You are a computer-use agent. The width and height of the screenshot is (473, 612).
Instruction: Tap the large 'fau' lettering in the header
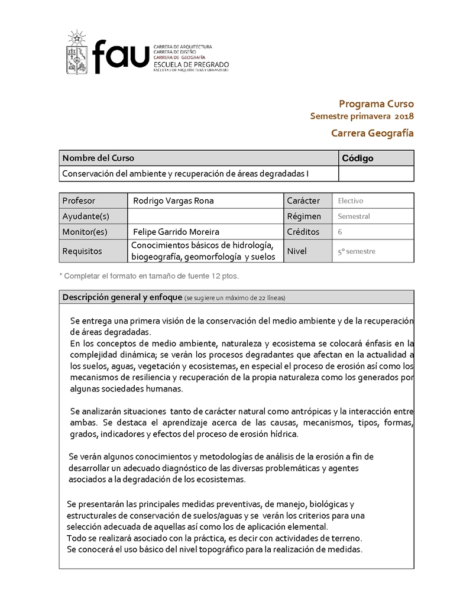coord(121,55)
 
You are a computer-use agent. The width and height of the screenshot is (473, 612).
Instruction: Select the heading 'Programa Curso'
coord(376,103)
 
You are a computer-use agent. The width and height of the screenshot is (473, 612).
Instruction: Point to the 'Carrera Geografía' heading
coord(372,133)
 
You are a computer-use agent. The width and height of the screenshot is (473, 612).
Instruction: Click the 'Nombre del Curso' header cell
coord(98,158)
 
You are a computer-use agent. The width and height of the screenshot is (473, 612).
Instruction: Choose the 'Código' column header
coord(358,158)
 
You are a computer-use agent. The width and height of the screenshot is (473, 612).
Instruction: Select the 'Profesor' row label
coord(78,200)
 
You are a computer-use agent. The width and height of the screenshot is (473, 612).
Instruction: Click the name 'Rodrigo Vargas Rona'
coord(173,200)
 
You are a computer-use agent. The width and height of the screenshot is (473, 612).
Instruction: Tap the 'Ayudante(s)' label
coord(86,216)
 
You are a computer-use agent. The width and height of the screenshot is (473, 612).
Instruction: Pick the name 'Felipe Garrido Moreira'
coord(176,231)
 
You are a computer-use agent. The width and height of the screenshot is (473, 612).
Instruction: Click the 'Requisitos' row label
coord(82,251)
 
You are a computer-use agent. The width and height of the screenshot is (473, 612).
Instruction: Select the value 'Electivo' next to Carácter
coord(350,201)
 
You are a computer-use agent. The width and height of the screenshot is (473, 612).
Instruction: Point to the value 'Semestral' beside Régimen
coord(354,216)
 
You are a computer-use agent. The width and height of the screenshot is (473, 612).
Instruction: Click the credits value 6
coord(340,232)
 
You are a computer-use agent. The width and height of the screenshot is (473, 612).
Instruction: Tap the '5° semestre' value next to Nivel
coord(356,251)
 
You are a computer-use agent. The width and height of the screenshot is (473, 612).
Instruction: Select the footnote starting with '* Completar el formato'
coord(149,276)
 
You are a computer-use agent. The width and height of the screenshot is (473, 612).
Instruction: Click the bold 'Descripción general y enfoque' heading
coord(122,297)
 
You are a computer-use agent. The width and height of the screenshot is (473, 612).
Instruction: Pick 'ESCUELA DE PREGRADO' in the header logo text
coord(190,64)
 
